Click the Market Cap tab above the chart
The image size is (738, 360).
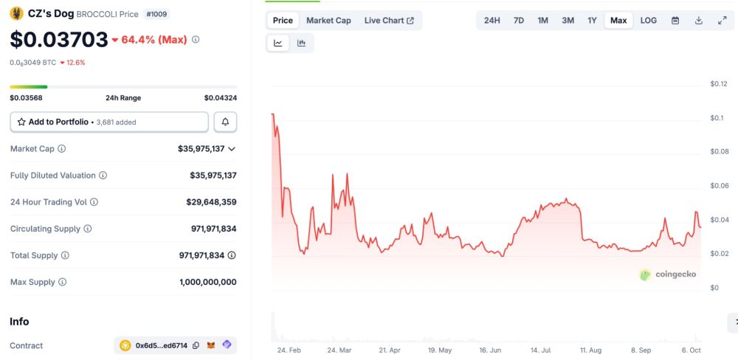328,21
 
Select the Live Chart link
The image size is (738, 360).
389,21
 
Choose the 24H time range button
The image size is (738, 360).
492,21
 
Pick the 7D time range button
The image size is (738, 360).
519,21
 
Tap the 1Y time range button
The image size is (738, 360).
592,21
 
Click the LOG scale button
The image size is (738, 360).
649,21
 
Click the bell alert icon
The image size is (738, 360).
225,122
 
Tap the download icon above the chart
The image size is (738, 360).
699,21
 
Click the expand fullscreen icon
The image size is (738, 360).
723,21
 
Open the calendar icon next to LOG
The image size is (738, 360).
675,21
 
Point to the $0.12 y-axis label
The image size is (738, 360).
718,83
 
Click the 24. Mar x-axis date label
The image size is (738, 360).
339,350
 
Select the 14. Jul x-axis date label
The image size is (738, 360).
541,350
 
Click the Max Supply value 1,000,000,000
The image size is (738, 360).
207,282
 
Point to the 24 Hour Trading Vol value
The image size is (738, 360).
211,202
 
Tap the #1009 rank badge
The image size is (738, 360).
156,14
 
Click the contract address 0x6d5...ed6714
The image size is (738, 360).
161,345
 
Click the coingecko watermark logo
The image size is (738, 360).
667,274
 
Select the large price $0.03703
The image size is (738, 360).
59,39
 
